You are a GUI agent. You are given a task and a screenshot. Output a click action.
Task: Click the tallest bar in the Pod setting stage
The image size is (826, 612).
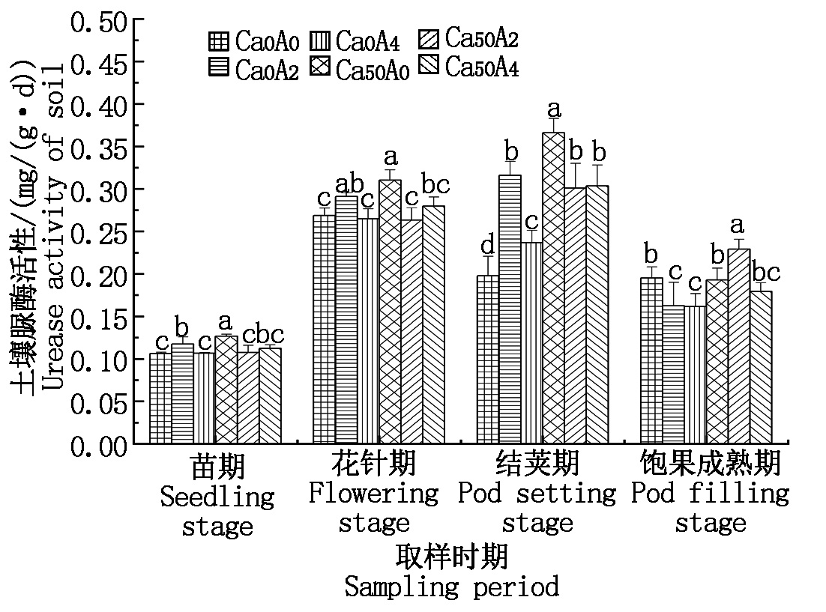pyautogui.click(x=553, y=288)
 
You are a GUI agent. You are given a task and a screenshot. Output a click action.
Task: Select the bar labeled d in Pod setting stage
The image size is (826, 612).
pyautogui.click(x=488, y=360)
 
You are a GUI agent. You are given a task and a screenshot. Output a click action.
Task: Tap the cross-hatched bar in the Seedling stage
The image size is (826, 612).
pyautogui.click(x=226, y=390)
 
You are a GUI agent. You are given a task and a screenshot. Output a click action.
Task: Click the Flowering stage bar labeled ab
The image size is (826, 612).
pyautogui.click(x=346, y=319)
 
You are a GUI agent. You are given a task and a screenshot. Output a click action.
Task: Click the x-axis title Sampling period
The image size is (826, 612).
pyautogui.click(x=451, y=587)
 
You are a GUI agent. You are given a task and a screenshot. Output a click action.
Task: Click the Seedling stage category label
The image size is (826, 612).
pyautogui.click(x=217, y=496)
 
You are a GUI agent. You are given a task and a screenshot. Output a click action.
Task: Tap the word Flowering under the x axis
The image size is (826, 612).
pyautogui.click(x=373, y=493)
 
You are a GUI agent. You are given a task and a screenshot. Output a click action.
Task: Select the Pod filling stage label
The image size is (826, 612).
pyautogui.click(x=710, y=494)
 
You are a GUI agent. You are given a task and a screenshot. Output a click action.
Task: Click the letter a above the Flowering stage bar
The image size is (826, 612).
pyautogui.click(x=390, y=157)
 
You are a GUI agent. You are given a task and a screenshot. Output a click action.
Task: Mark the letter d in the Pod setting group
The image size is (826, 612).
pyautogui.click(x=488, y=244)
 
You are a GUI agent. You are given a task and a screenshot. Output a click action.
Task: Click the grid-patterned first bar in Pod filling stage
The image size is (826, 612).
pyautogui.click(x=651, y=360)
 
